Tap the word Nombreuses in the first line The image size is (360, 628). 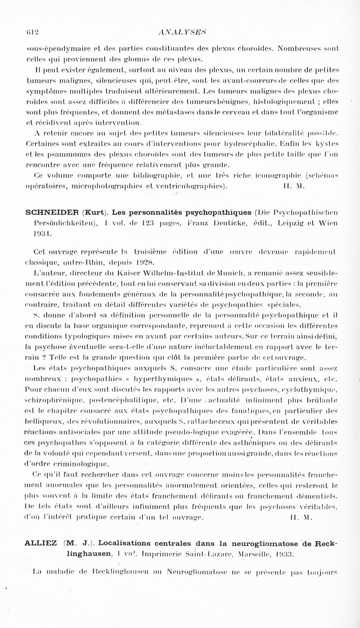pos(291,48)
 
